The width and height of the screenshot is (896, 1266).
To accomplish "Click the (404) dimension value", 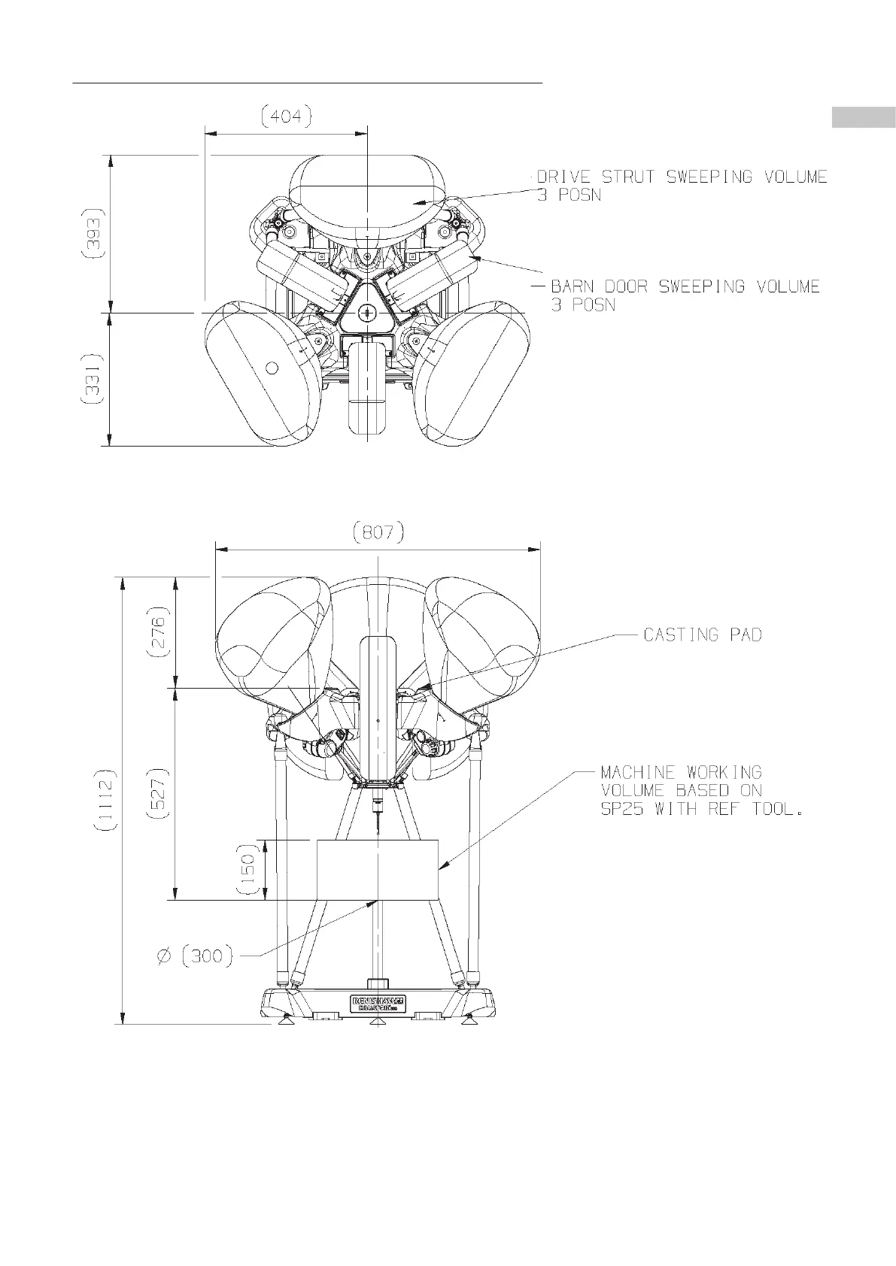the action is coord(286,117).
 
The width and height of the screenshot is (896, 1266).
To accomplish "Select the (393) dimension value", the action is coord(93,233).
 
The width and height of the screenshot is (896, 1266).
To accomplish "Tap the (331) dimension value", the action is coord(93,380).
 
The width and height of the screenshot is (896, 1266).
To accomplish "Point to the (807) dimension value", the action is coord(378,533).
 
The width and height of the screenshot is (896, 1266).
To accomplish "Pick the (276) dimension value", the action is coord(160,631).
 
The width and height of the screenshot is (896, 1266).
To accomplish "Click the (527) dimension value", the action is coord(160,792).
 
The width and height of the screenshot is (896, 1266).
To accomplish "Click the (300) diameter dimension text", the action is coord(206,956).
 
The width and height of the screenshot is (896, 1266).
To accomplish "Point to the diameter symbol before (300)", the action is coord(165,956).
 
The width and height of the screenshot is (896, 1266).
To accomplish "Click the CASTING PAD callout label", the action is coord(703,635).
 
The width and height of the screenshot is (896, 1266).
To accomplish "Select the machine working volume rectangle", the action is coord(377,869).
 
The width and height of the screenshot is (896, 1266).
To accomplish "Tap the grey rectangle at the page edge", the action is coord(863,118).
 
